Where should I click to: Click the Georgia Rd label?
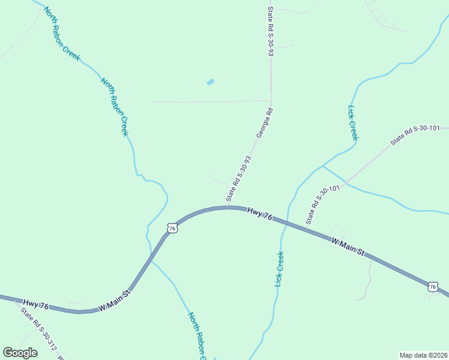265,123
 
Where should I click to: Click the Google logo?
20,353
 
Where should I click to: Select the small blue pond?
210,82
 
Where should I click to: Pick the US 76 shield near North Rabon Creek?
172,229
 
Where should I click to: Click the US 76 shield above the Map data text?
433,287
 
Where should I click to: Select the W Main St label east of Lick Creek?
348,247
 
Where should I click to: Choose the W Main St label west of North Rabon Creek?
114,300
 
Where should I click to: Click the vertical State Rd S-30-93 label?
271,32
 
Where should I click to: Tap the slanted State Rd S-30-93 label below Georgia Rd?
238,178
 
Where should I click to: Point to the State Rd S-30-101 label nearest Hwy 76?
323,205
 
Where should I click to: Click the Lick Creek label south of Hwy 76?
279,268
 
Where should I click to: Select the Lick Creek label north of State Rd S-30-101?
353,123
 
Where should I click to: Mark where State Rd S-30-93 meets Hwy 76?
228,208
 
